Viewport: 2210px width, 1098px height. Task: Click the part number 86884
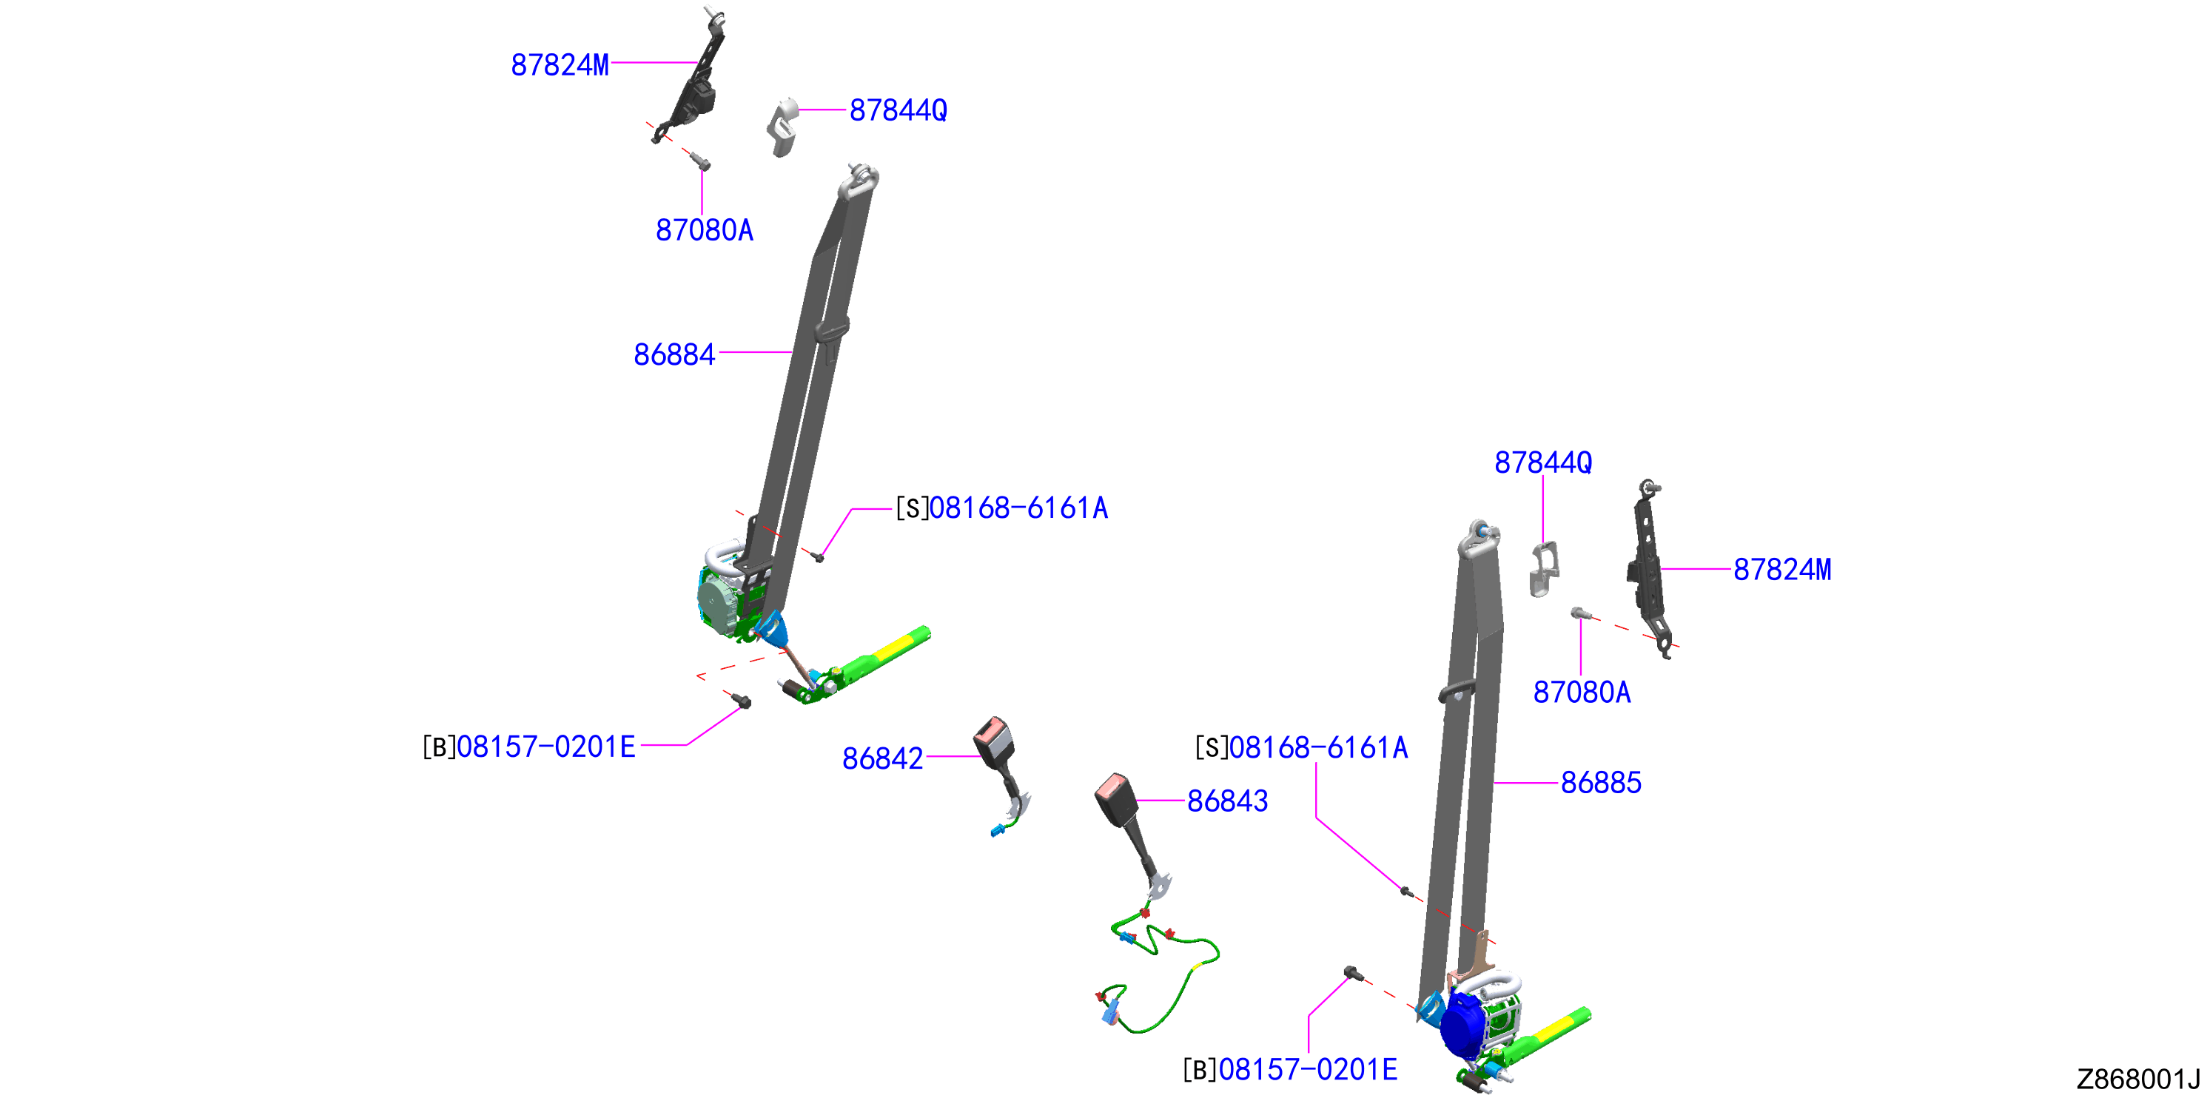pos(674,354)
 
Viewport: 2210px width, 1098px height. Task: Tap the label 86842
pos(883,758)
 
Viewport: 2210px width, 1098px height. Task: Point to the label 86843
pos(1228,801)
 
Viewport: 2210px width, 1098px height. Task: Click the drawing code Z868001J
pos(2138,1078)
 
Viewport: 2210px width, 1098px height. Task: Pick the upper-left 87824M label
pos(560,64)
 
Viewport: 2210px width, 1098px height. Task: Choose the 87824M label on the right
pos(1782,569)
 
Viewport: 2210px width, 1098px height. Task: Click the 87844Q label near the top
pos(899,110)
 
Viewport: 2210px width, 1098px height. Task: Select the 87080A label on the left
pos(705,230)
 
